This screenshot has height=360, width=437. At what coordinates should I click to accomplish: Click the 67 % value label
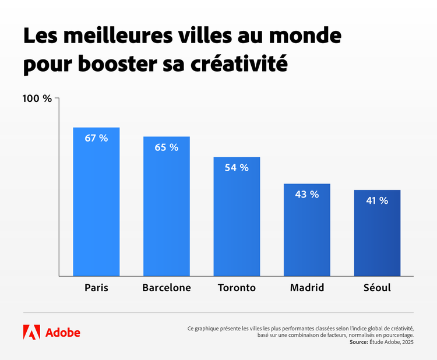pos(96,138)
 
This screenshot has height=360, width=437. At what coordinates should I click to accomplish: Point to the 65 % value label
pos(167,147)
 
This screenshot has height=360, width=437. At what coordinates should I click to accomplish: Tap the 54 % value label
pos(237,168)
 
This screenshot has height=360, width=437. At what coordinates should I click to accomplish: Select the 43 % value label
pos(306,195)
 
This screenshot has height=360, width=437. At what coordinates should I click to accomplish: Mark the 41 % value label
pos(377,200)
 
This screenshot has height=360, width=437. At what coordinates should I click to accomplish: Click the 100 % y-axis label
pos(37,98)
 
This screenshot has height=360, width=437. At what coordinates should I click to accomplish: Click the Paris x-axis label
pos(96,288)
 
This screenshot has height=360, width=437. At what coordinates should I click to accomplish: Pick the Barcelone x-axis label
pos(167,288)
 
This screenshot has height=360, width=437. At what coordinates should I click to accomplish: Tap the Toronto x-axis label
pos(237,288)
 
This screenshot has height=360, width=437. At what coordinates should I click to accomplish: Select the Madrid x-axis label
pos(306,288)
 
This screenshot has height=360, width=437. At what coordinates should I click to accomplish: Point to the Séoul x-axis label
pos(377,288)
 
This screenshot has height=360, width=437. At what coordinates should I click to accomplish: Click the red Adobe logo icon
pos(31,332)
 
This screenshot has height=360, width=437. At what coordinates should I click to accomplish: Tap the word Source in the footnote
pos(358,343)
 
